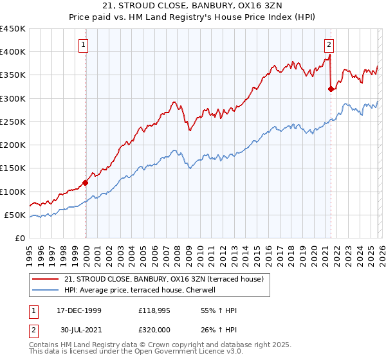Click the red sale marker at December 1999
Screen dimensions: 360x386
pos(86,183)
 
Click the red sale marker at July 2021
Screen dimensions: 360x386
pos(331,89)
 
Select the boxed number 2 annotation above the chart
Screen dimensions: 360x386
pos(329,44)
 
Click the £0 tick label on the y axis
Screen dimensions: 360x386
pos(19,238)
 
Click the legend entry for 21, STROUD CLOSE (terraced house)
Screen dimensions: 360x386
pos(167,278)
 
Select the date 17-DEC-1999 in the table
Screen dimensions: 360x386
pos(78,310)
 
